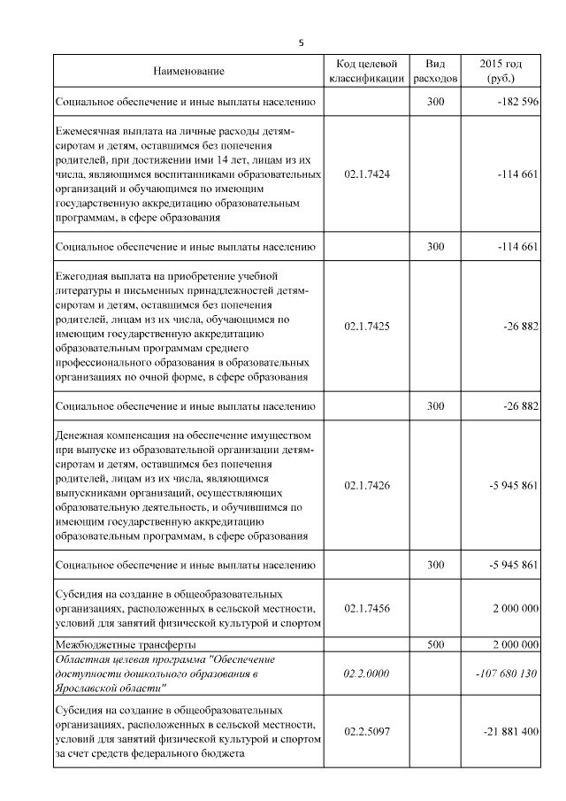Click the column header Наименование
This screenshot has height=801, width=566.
pos(188,71)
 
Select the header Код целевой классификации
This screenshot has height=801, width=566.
pos(366,71)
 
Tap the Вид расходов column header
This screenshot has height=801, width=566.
pos(435,71)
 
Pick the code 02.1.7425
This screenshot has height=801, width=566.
pos(366,326)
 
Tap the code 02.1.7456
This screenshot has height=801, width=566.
pos(366,608)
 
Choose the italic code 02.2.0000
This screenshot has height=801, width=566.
pos(366,674)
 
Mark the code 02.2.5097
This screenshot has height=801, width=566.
pos(366,732)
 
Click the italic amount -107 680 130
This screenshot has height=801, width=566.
pos(507,674)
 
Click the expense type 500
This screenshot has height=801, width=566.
pos(435,645)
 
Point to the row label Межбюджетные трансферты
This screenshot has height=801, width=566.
pos(125,645)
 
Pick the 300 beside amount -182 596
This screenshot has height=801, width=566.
pos(435,103)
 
